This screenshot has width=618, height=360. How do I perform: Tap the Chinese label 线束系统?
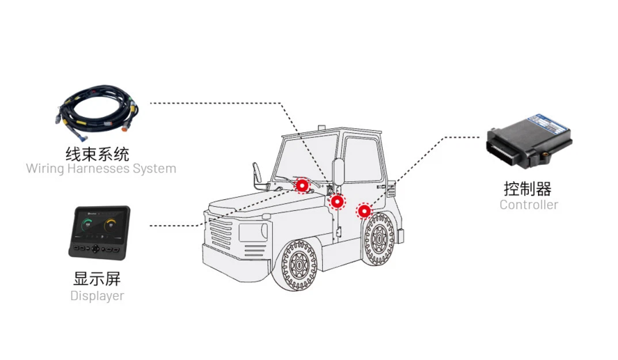click(97, 154)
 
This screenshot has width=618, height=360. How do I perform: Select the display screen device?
click(100, 233)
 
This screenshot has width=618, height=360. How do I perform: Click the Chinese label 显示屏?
click(97, 279)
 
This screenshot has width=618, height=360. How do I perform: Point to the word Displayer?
click(97, 295)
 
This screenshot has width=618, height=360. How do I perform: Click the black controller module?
click(529, 141)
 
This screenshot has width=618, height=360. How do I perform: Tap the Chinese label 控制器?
click(528, 189)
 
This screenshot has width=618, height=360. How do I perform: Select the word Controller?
click(529, 205)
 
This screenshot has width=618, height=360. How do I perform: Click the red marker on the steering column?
click(302, 185)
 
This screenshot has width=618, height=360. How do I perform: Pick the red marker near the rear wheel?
click(364, 211)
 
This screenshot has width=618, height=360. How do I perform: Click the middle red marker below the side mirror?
click(338, 202)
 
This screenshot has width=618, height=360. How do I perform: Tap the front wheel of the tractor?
click(298, 264)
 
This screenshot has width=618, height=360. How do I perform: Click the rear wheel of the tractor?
click(379, 239)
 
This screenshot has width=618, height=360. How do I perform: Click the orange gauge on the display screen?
click(111, 225)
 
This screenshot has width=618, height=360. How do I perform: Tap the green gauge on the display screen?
click(88, 225)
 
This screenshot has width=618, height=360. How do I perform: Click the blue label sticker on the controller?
click(549, 123)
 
